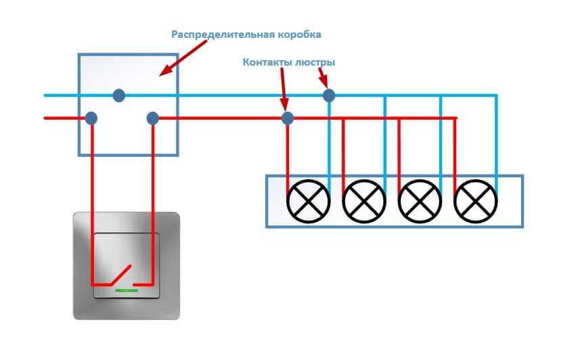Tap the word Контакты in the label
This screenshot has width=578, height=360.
267,62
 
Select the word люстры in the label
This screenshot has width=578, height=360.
315,62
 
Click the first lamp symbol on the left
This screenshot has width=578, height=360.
309,201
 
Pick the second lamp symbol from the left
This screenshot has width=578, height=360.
364,201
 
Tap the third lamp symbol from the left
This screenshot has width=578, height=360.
420,201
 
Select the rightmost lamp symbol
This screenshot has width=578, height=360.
475,201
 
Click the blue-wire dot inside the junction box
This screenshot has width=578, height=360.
119,95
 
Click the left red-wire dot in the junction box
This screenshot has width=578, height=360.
91,118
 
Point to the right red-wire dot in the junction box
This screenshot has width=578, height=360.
152,118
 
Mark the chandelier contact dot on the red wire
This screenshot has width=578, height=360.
288,118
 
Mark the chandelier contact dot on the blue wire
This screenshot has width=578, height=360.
329,95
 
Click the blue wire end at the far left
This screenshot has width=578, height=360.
45,95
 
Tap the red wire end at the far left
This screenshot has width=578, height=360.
45,118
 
